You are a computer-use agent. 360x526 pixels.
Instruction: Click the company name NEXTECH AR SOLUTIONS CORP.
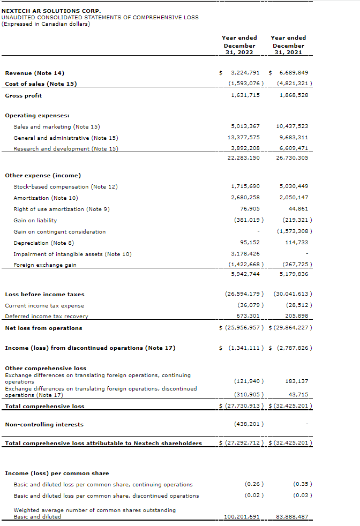pyautogui.click(x=51, y=11)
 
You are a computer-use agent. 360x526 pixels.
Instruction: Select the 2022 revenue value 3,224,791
pyautogui.click(x=245, y=72)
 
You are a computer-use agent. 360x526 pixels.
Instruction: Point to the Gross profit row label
pyautogui.click(x=23, y=95)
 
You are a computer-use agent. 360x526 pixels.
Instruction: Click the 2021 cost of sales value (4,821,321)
pyautogui.click(x=295, y=84)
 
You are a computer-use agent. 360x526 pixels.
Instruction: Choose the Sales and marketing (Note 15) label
pyautogui.click(x=57, y=126)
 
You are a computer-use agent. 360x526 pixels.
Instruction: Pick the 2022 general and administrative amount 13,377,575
pyautogui.click(x=245, y=138)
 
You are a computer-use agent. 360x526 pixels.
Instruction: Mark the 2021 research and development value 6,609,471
pyautogui.click(x=294, y=148)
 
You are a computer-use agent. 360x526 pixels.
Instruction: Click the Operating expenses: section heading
pyautogui.click(x=37, y=115)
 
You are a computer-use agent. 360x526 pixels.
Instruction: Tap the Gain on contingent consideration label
pyautogui.click(x=59, y=231)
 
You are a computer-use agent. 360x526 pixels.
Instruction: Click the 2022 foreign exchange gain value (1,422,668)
pyautogui.click(x=246, y=265)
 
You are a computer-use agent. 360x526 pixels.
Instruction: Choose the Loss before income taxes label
pyautogui.click(x=44, y=294)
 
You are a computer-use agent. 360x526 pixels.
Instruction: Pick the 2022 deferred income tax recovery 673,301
pyautogui.click(x=248, y=316)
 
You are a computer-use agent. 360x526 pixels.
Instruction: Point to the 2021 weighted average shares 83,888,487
pyautogui.click(x=294, y=517)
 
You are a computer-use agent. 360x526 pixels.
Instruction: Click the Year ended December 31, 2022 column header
pyautogui.click(x=239, y=45)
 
